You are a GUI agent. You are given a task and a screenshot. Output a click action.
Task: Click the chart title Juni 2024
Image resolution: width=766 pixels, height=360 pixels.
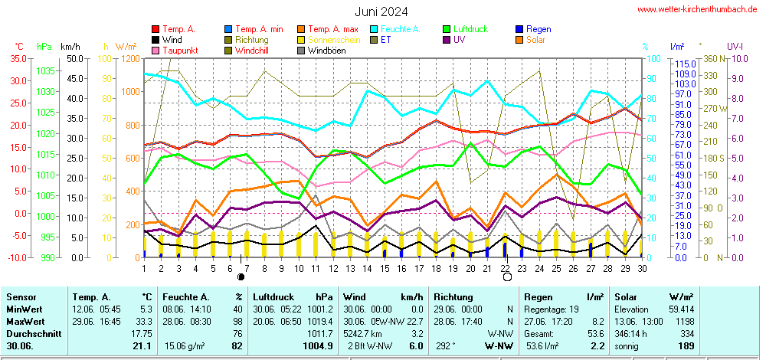point(381,11)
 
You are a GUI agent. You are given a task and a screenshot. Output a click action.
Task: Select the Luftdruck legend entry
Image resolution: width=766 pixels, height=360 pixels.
point(470,29)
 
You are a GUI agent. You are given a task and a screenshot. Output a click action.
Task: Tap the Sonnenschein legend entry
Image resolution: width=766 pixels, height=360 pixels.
point(330,40)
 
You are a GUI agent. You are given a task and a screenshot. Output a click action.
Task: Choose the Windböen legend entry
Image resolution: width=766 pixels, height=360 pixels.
point(328,51)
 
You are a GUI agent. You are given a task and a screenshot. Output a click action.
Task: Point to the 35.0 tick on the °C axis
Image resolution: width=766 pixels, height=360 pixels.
point(18,58)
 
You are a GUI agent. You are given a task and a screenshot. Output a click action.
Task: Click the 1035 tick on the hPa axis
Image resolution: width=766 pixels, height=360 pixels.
point(44,70)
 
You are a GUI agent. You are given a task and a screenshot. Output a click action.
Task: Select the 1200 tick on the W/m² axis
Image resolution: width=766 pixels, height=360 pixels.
point(129,58)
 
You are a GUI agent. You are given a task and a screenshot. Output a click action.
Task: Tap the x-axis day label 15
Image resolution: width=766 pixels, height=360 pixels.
point(385,268)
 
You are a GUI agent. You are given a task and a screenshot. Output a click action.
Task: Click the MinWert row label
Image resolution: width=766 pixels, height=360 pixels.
point(25,309)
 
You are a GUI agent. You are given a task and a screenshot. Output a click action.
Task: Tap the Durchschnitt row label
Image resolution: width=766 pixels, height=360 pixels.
point(31,334)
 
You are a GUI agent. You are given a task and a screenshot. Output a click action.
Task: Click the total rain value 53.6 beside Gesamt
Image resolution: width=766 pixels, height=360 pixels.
point(596,334)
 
